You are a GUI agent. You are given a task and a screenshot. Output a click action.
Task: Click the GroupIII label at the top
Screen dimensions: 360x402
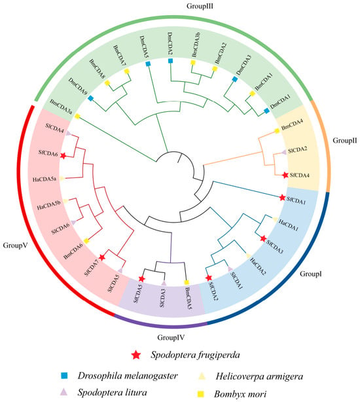pos(200,6)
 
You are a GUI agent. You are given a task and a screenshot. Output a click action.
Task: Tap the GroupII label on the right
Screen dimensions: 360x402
pos(345,141)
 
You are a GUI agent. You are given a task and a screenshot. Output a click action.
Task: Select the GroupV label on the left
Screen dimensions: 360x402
pos(15,246)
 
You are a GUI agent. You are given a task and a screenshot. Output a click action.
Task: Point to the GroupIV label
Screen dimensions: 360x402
pos(171,337)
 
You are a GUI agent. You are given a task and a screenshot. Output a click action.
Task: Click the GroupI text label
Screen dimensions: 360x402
pos(311,274)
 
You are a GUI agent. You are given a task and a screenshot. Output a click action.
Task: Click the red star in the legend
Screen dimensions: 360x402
pos(135,355)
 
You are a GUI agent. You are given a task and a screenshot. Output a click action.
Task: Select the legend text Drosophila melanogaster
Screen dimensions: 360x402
pos(128,376)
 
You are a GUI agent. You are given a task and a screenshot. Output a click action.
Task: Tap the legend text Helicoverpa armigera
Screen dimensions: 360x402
pos(259,376)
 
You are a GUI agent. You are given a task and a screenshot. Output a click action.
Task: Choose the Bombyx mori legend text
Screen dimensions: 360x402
pos(240,393)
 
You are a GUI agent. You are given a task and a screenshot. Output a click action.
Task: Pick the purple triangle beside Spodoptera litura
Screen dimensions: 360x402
pos(63,392)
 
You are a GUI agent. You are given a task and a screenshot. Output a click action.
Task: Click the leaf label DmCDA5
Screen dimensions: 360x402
pos(144,47)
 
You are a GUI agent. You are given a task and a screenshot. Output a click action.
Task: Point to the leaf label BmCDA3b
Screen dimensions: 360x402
pos(196,46)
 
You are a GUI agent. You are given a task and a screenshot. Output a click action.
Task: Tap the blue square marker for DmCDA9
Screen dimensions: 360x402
pos(90,98)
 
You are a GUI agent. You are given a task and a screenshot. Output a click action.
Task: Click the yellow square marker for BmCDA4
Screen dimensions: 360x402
pos(277,131)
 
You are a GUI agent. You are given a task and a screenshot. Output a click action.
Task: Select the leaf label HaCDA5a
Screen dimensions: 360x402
pos(45,179)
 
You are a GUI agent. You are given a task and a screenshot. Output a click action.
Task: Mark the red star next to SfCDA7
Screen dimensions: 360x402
pos(102,257)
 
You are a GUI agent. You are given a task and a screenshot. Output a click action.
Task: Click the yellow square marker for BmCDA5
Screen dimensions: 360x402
pos(187,282)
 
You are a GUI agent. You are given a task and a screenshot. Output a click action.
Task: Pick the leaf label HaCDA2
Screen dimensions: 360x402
pos(257,266)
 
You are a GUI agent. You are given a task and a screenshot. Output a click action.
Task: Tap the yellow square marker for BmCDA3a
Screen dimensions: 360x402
pos(77,117)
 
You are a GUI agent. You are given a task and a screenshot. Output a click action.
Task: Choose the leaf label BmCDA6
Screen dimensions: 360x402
pos(73,251)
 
